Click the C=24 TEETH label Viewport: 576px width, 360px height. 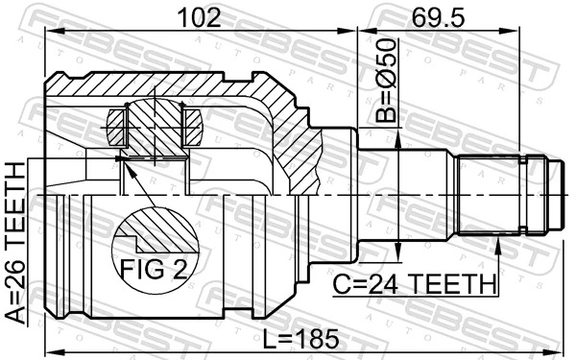click(x=415, y=284)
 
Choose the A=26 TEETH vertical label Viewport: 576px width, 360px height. click(x=16, y=244)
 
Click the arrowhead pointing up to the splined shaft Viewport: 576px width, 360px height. click(x=499, y=248)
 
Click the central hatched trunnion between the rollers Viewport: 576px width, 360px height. click(x=154, y=125)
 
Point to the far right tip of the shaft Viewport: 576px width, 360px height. click(x=559, y=196)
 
